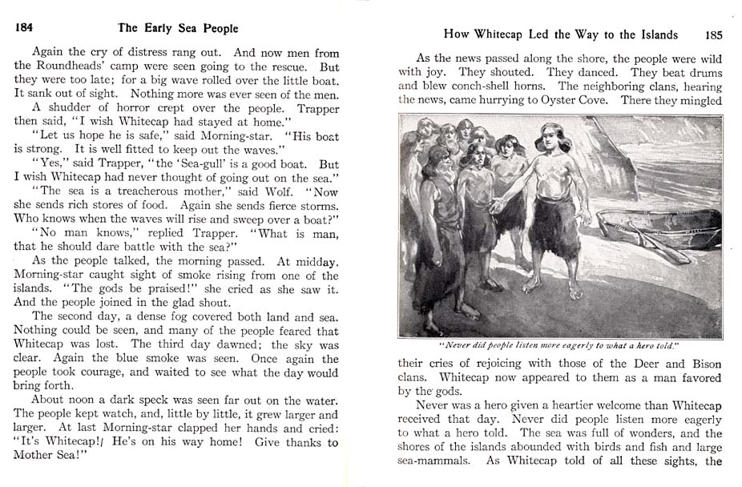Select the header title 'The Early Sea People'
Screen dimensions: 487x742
(178, 28)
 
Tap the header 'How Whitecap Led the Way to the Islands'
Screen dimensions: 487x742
(561, 34)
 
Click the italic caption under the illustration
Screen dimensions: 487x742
(559, 345)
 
